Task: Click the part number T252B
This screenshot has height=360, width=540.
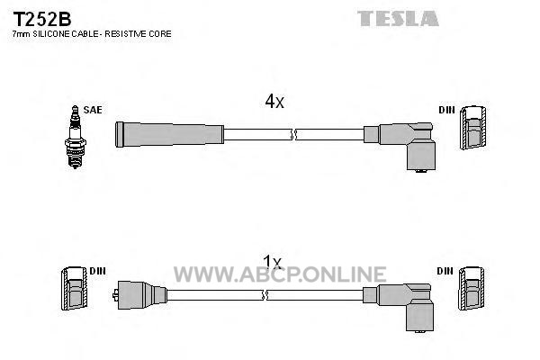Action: point(42,19)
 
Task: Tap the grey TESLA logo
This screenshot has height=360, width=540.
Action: point(398,18)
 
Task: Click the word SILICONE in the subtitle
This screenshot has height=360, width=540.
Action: point(51,34)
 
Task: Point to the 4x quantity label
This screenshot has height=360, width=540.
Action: point(274,101)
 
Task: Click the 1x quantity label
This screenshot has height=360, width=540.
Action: point(272,263)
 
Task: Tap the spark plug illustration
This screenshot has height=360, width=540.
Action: point(75,137)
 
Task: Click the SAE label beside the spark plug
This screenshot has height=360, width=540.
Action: point(93,110)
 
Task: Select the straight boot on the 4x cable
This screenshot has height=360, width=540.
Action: point(169,134)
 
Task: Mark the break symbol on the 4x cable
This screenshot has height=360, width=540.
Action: point(293,134)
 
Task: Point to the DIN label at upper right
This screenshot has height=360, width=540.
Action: point(446,110)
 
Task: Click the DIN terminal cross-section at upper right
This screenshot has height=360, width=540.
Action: point(473,128)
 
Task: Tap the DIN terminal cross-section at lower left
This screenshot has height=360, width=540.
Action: point(74,288)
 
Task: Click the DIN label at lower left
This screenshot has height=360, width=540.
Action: point(97,271)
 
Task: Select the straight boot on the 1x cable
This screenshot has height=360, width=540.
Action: point(140,295)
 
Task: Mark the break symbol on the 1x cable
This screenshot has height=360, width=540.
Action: point(265,295)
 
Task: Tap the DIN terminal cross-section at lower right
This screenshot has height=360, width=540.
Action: point(472,288)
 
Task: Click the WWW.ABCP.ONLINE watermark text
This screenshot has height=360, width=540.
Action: point(280,274)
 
